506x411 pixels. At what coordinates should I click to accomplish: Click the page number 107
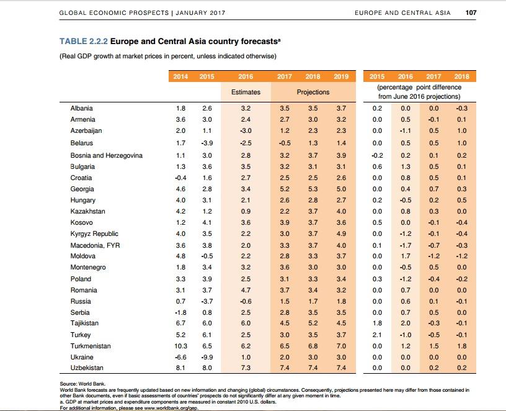tap(471, 12)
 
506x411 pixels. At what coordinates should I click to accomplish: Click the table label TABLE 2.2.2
tap(84, 42)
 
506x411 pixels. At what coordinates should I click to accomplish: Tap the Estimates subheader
tap(246, 92)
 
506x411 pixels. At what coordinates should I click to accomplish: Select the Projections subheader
tap(313, 92)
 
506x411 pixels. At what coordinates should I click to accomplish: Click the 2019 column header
tap(341, 76)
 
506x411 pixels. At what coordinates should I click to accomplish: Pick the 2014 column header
tap(180, 76)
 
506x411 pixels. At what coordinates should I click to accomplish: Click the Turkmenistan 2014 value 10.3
tap(180, 346)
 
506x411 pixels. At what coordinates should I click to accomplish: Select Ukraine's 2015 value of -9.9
tap(206, 357)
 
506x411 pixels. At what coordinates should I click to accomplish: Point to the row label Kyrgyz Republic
tap(94, 234)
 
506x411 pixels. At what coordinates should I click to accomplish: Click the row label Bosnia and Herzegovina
tap(107, 155)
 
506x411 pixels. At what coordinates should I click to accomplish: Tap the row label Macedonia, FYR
tap(95, 246)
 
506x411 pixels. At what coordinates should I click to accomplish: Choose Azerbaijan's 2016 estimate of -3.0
tap(246, 130)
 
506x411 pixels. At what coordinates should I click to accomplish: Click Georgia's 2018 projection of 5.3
tap(313, 189)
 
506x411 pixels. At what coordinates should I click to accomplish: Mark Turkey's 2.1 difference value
tap(377, 335)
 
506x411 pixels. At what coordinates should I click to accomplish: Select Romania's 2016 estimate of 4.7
tap(246, 290)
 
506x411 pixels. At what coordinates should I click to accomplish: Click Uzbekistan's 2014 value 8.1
tap(180, 368)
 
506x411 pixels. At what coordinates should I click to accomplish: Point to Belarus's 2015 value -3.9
tap(206, 143)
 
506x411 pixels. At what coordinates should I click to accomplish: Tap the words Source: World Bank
tap(82, 384)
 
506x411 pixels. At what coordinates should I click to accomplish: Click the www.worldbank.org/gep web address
tap(171, 408)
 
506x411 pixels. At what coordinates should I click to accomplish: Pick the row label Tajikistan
tap(84, 323)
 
